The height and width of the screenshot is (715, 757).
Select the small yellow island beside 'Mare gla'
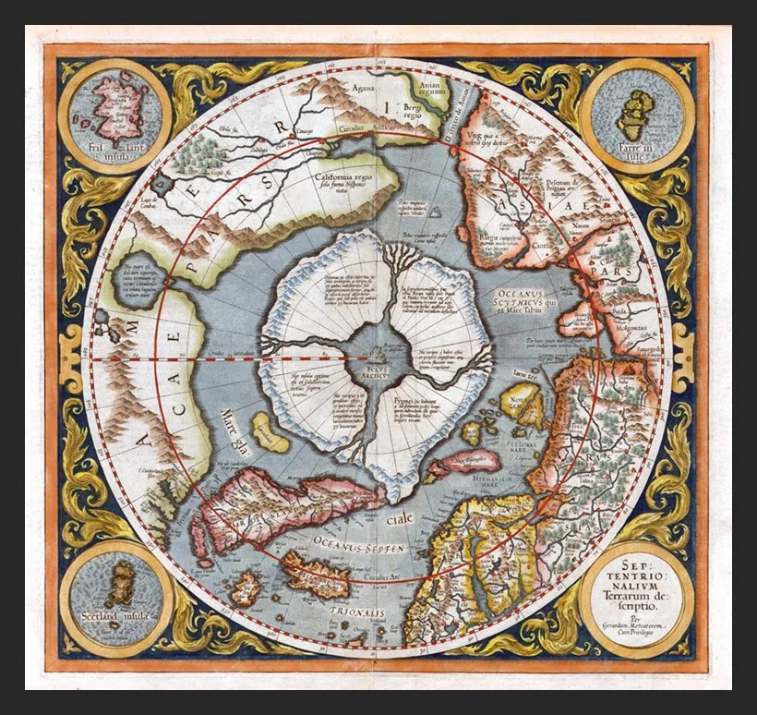(270, 432)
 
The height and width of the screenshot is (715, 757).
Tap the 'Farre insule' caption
(637, 150)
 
